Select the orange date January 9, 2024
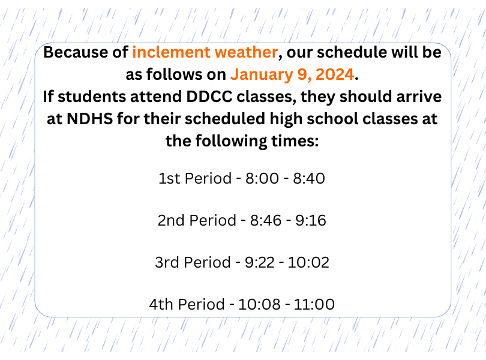pyautogui.click(x=292, y=74)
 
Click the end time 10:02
pyautogui.click(x=308, y=262)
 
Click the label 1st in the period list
pyautogui.click(x=170, y=178)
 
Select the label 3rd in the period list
pyautogui.click(x=167, y=262)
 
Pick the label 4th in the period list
pyautogui.click(x=162, y=304)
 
